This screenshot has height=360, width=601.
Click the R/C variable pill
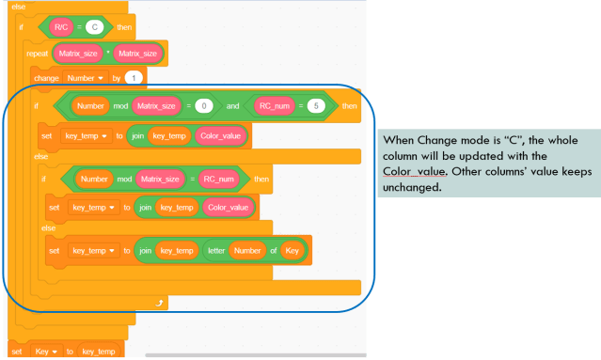(x=61, y=26)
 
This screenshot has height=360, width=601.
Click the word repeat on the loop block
(x=38, y=54)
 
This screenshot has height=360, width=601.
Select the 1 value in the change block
(x=134, y=77)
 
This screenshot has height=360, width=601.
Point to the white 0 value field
(x=203, y=106)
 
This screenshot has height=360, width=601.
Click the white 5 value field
(x=316, y=106)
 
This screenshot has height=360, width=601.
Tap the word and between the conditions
(x=235, y=106)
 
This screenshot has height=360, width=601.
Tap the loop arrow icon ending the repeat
(x=160, y=303)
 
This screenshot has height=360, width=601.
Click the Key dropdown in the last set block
(x=45, y=351)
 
